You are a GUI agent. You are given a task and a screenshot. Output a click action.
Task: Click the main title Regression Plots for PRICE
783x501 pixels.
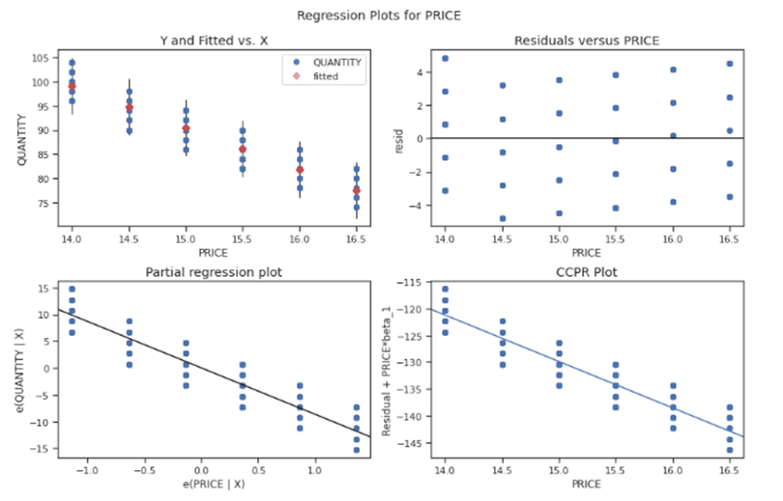(x=391, y=15)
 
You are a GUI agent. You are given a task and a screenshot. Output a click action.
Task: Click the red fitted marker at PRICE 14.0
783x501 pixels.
(x=72, y=87)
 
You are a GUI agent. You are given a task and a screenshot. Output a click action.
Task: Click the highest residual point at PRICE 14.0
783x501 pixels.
(x=445, y=58)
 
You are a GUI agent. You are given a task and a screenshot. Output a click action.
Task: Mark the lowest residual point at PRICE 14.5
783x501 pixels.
(x=503, y=218)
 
